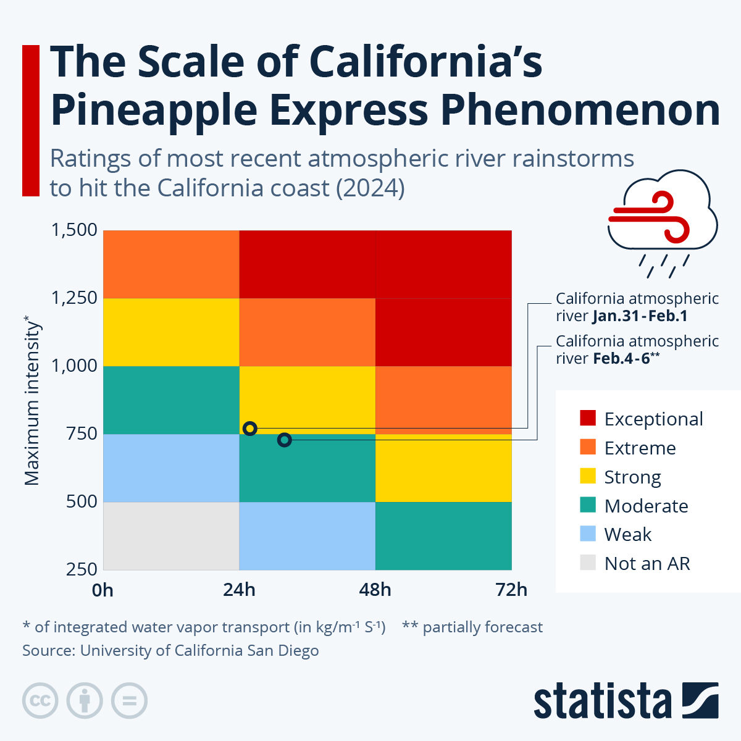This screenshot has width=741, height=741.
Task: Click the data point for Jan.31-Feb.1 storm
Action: pyautogui.click(x=250, y=429)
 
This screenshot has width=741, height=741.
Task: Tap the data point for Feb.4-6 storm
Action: pyautogui.click(x=284, y=440)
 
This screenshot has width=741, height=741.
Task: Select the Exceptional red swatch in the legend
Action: pyautogui.click(x=588, y=418)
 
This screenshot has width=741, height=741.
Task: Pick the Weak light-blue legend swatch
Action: pyautogui.click(x=588, y=534)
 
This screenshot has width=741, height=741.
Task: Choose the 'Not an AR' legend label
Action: pyautogui.click(x=647, y=563)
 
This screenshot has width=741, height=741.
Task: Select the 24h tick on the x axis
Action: pyautogui.click(x=239, y=590)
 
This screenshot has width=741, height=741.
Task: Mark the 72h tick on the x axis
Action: pyautogui.click(x=511, y=590)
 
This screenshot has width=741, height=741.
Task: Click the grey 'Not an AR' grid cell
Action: pyautogui.click(x=171, y=535)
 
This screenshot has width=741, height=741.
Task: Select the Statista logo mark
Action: pyautogui.click(x=700, y=700)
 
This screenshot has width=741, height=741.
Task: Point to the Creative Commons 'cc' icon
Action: pyautogui.click(x=40, y=701)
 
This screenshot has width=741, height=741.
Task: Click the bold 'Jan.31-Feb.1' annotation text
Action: pyautogui.click(x=639, y=317)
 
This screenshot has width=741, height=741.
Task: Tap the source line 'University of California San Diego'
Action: pyautogui.click(x=199, y=650)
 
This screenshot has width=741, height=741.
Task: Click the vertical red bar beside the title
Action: pyautogui.click(x=31, y=120)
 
